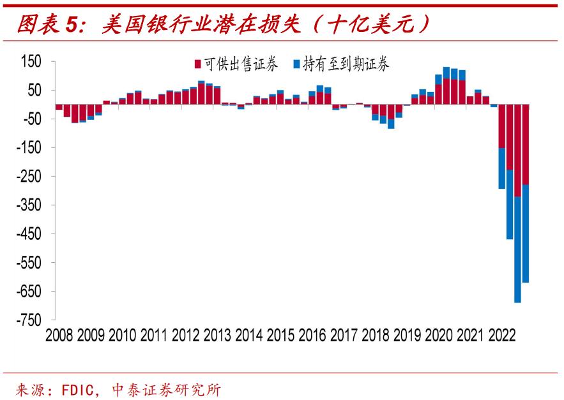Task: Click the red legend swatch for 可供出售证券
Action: click(x=198, y=64)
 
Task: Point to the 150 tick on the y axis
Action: click(x=31, y=61)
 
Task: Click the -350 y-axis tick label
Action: click(x=28, y=205)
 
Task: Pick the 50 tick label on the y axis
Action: click(x=33, y=90)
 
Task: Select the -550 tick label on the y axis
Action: click(x=28, y=263)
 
